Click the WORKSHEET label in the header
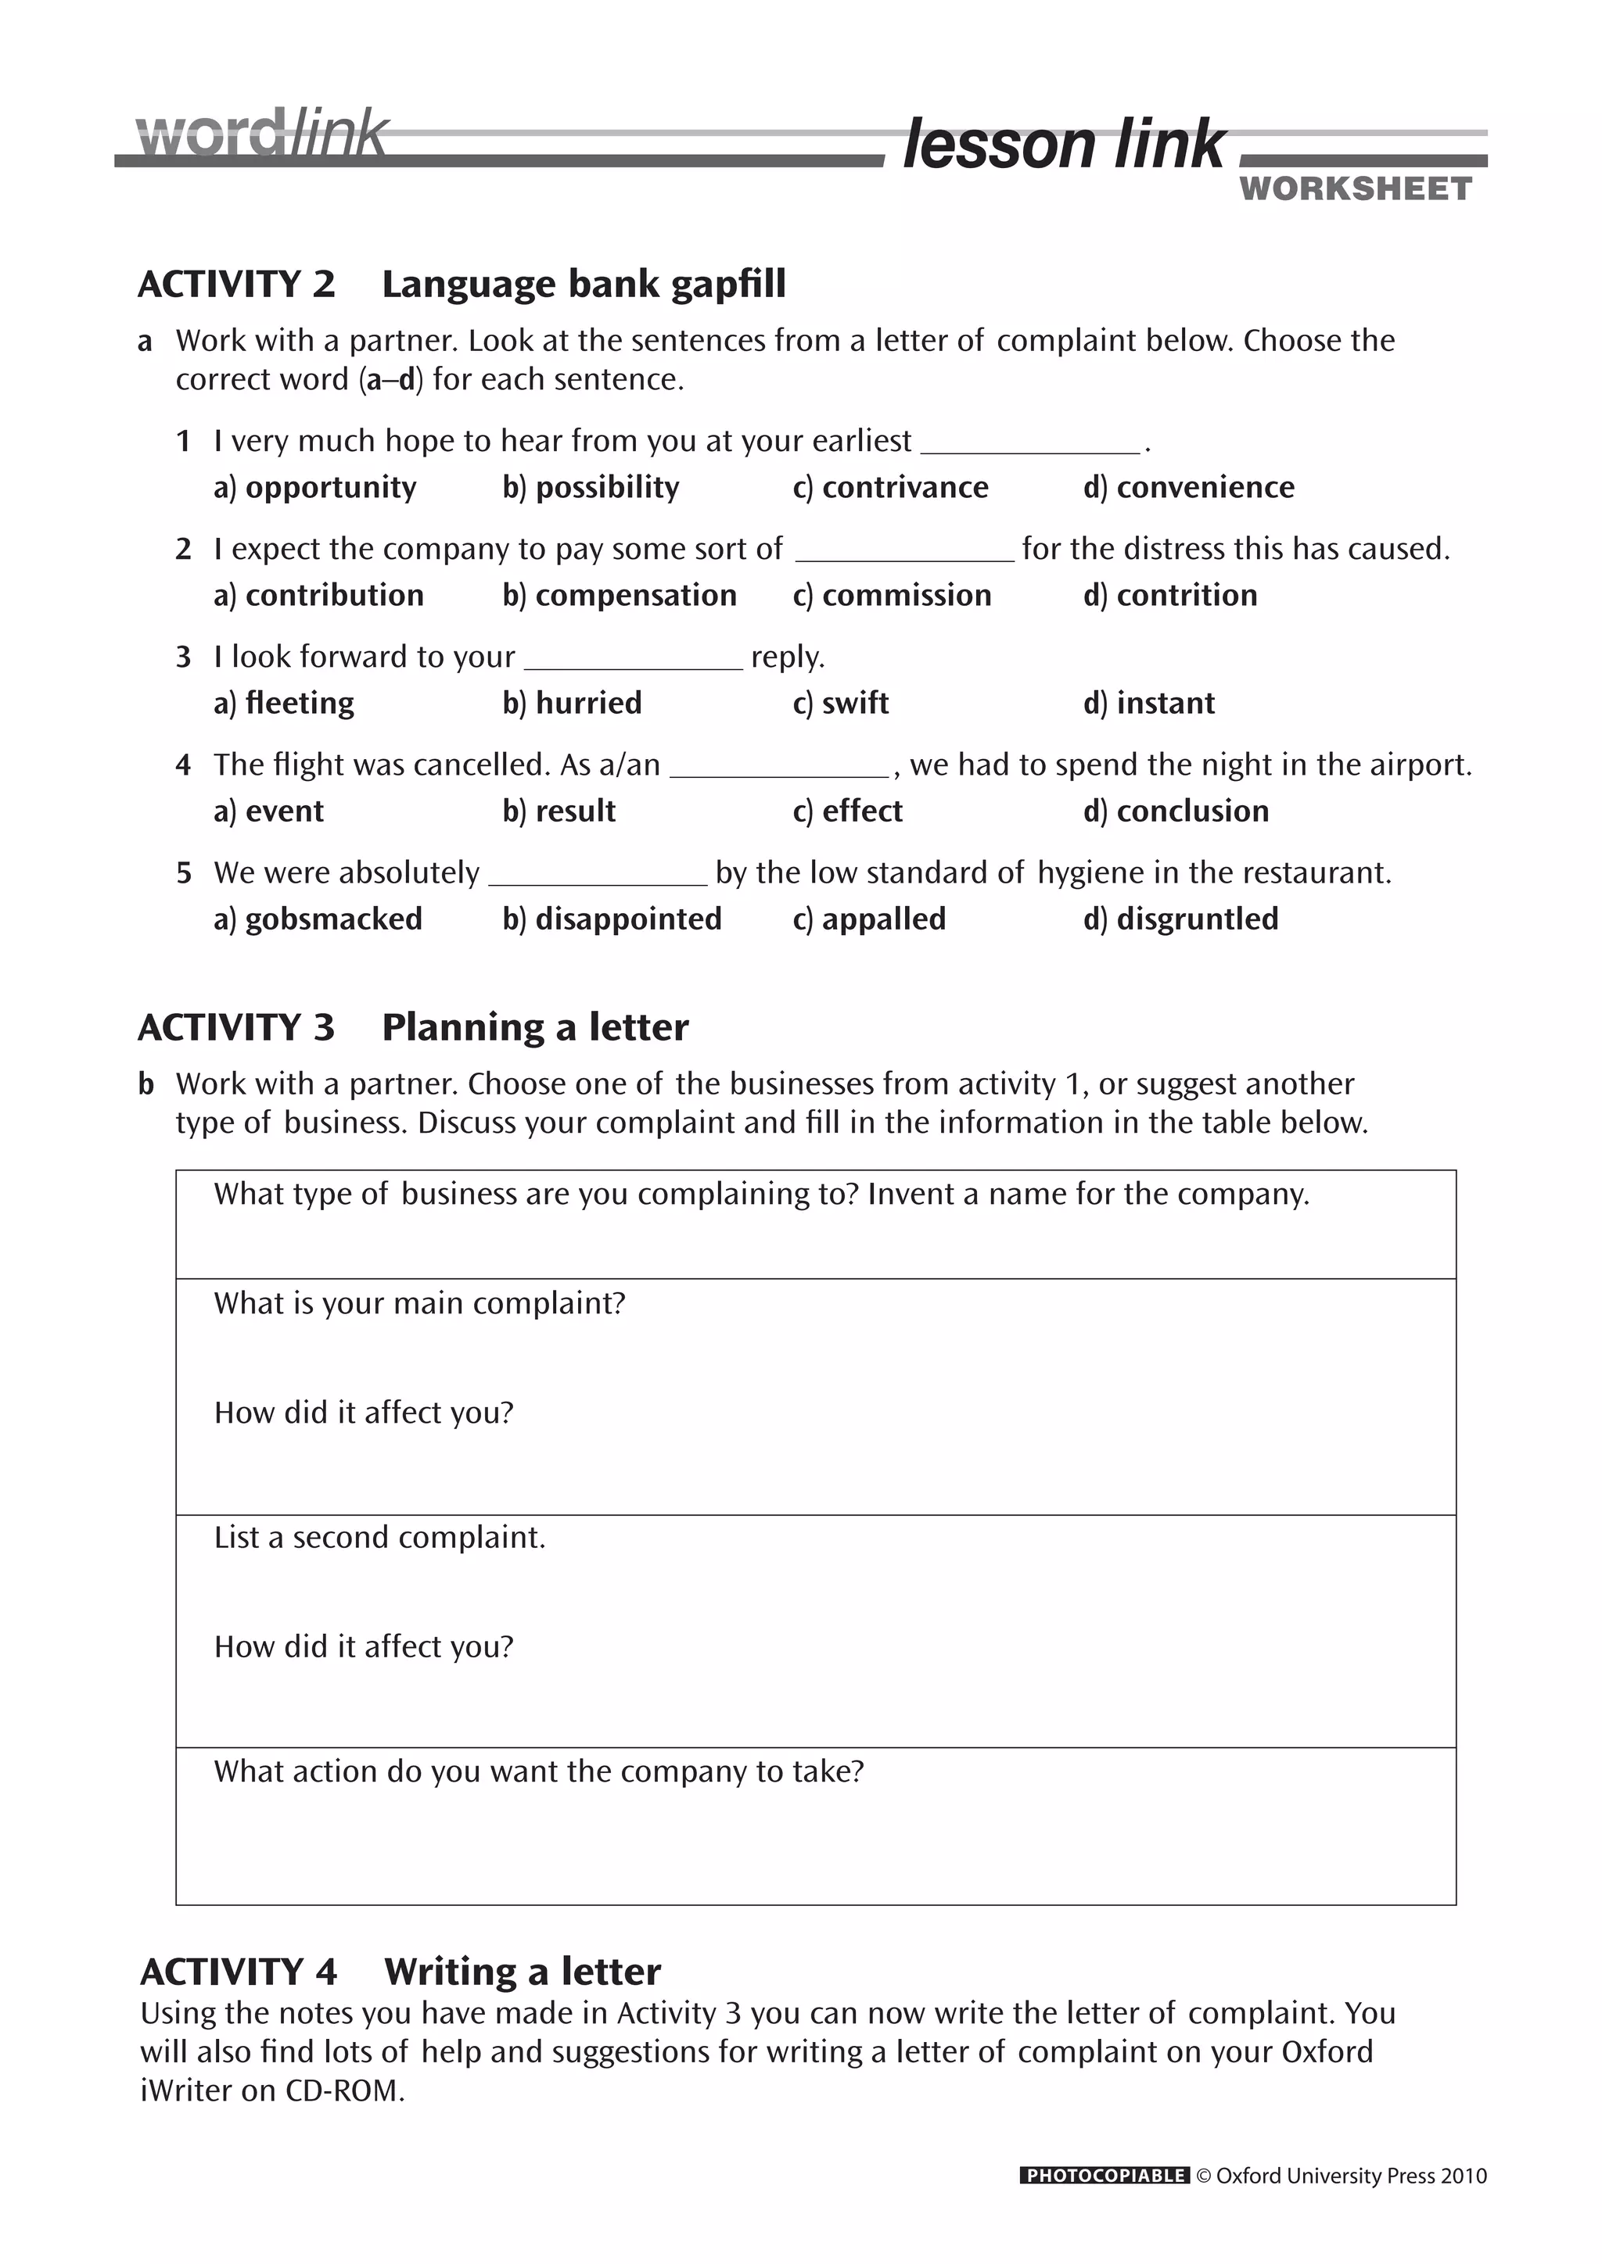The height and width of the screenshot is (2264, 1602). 1356,188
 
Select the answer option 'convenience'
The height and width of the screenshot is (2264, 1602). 1205,487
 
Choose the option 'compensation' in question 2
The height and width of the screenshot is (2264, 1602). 635,596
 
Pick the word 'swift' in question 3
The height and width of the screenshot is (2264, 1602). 854,703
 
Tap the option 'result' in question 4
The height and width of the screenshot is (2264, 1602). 574,811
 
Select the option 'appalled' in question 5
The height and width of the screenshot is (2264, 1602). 883,919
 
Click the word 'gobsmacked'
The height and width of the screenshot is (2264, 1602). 333,919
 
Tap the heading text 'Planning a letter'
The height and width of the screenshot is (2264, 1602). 535,1027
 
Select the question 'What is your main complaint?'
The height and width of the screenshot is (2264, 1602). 419,1303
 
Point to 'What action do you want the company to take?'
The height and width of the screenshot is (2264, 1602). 539,1771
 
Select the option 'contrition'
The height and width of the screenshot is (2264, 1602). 1186,596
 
